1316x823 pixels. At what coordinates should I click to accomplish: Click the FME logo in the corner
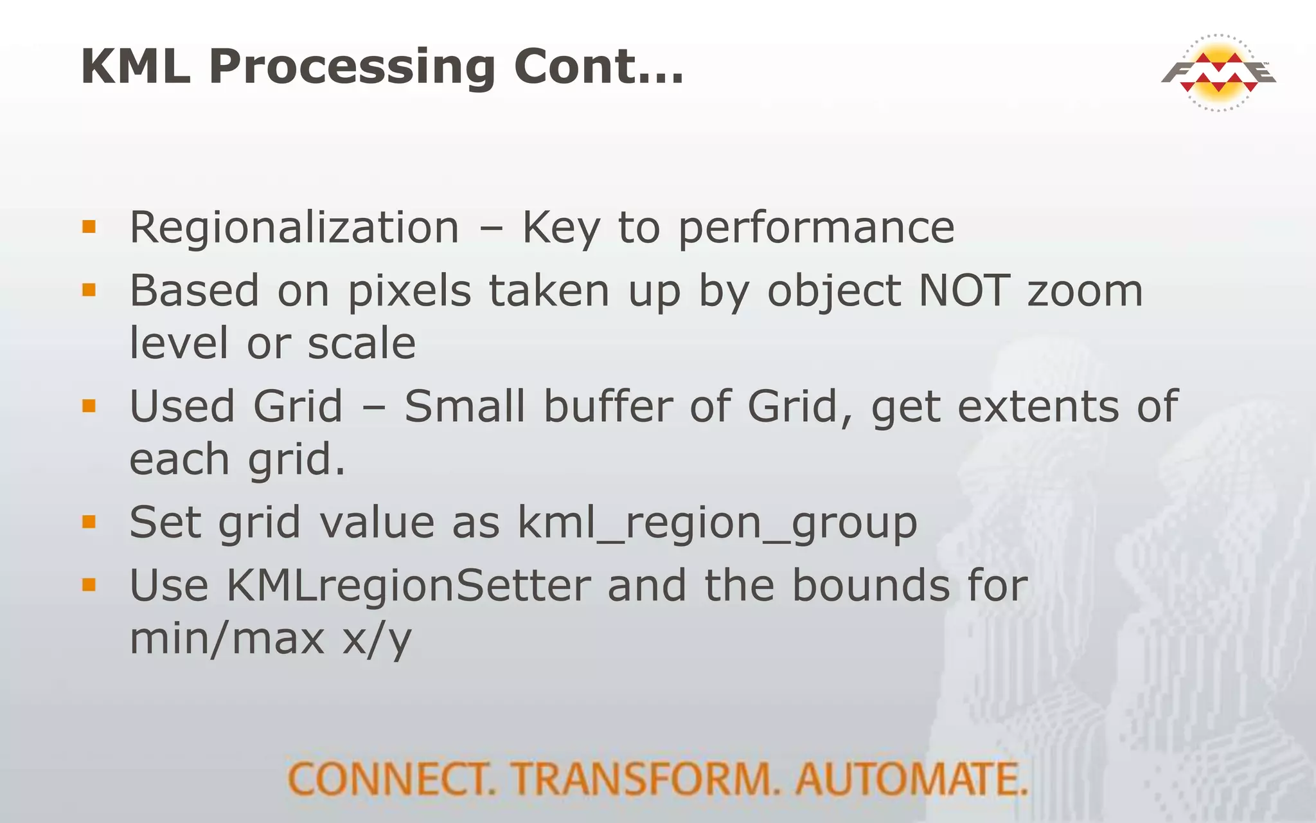(1218, 73)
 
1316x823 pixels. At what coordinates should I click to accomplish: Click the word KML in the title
(136, 66)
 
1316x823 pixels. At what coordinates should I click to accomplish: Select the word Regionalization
(294, 228)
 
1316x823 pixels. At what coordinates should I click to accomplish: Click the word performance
(816, 229)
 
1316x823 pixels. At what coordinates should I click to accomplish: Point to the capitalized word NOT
(964, 291)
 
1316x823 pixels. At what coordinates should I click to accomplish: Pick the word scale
(361, 343)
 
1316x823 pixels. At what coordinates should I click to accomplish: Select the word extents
(1038, 408)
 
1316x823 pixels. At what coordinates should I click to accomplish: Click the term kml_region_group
(717, 523)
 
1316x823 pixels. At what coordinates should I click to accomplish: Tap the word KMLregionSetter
(408, 586)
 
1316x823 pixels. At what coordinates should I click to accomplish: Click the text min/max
(227, 638)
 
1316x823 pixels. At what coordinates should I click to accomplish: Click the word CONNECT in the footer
(391, 779)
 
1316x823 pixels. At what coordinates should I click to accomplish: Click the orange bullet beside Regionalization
(89, 227)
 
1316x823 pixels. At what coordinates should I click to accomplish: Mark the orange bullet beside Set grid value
(89, 521)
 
